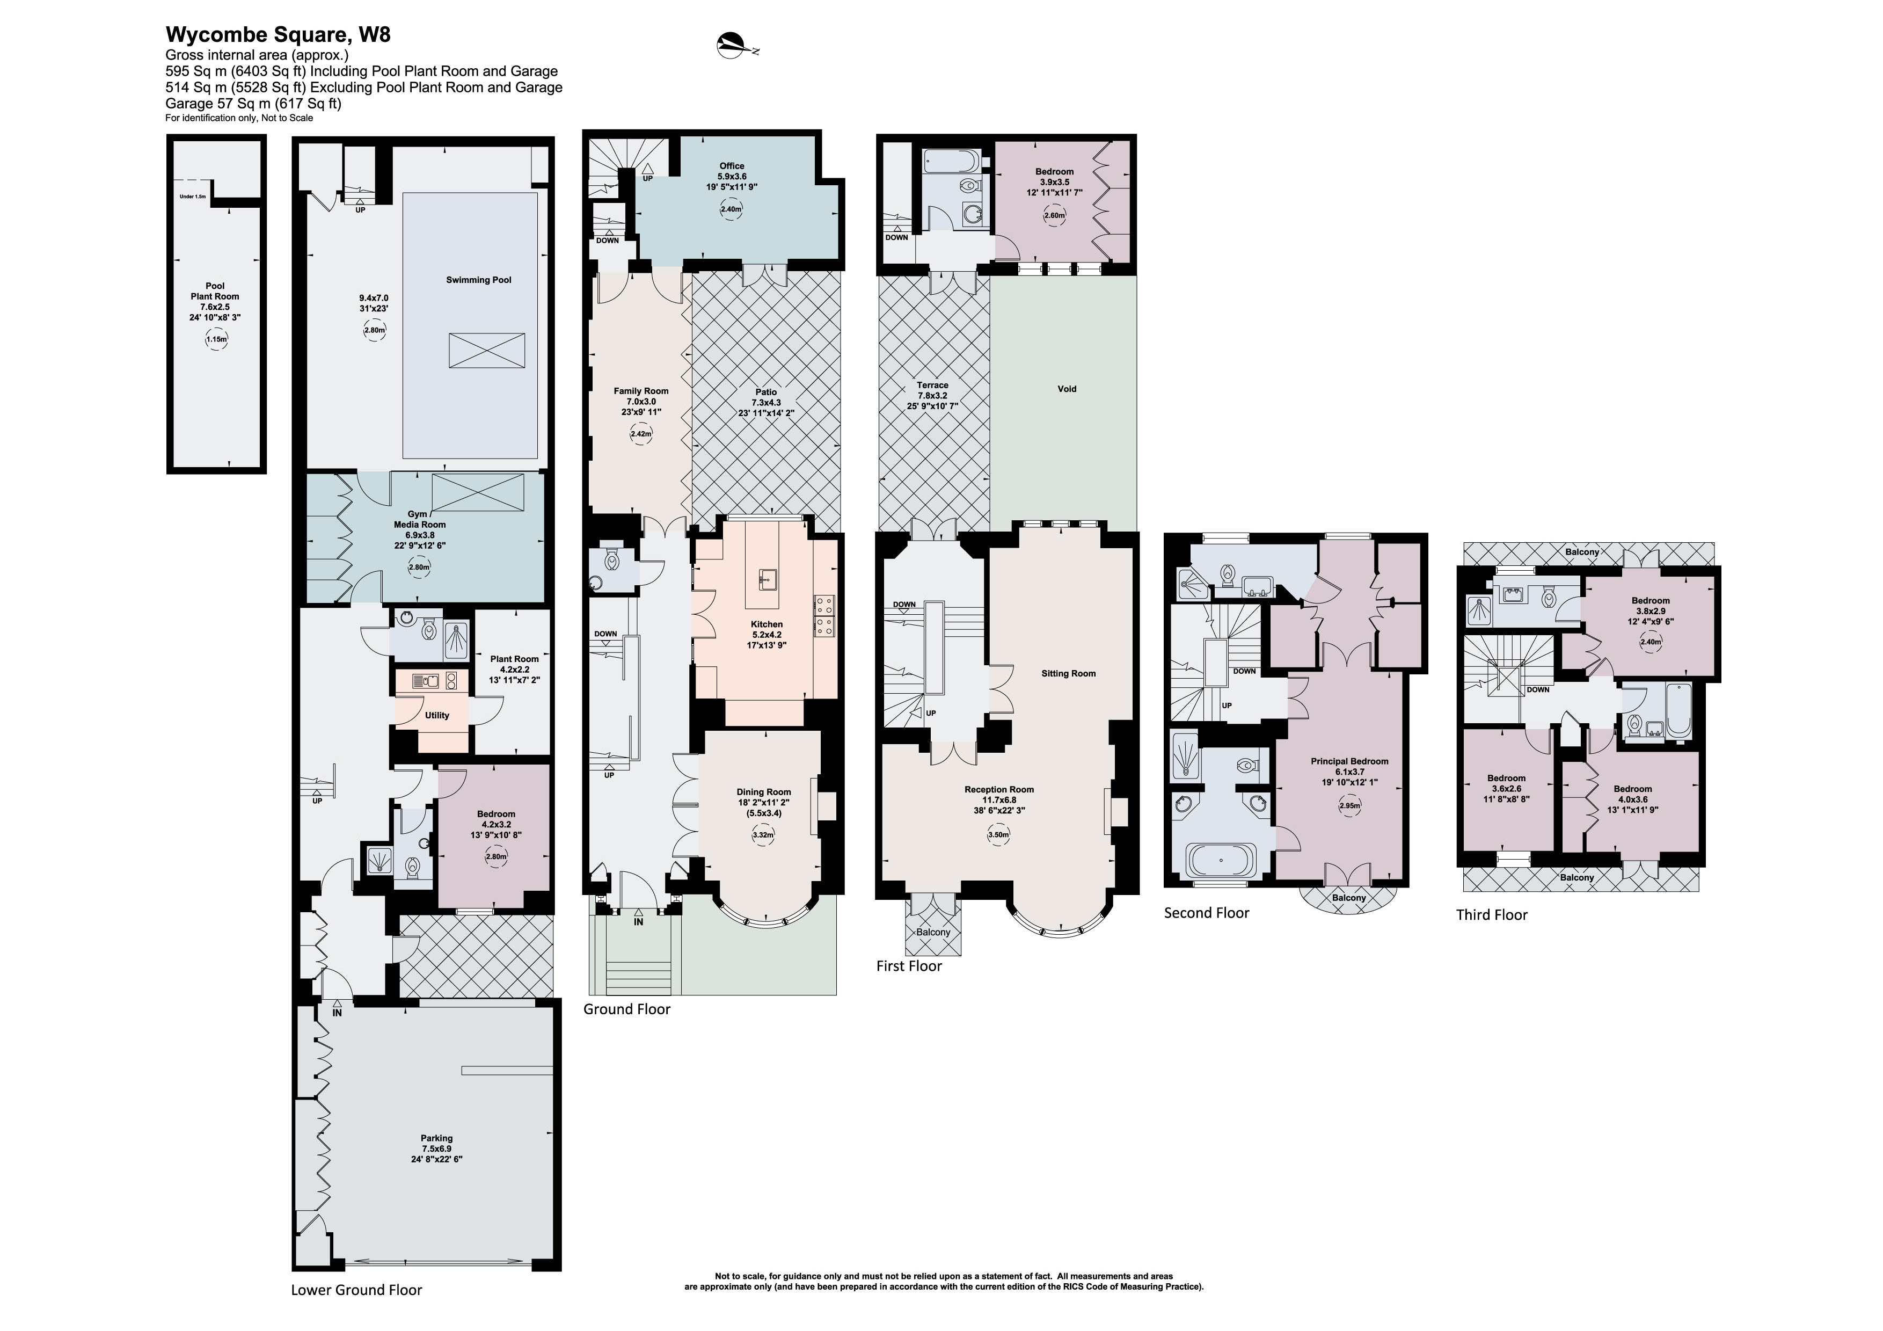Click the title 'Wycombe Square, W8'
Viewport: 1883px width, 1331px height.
[x=278, y=34]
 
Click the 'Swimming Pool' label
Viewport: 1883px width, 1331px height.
[x=478, y=280]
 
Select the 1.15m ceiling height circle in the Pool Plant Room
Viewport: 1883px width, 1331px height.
[x=216, y=339]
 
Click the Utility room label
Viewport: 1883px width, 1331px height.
[x=436, y=715]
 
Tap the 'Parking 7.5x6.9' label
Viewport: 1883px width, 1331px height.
[x=436, y=1148]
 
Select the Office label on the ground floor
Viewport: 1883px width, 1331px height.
[x=732, y=166]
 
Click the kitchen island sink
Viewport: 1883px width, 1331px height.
[x=765, y=579]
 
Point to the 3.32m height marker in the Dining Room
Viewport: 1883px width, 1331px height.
[x=763, y=835]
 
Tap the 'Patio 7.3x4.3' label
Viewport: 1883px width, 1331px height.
[x=766, y=402]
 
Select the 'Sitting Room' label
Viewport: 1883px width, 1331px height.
[x=1068, y=673]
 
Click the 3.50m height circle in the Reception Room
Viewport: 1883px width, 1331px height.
[x=998, y=835]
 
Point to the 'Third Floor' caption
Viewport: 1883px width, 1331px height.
[x=1491, y=914]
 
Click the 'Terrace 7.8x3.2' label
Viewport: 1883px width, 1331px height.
[x=932, y=395]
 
